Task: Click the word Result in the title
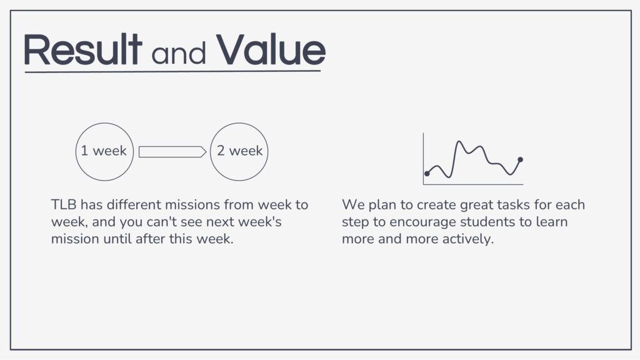click(x=83, y=49)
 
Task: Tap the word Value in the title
click(x=271, y=49)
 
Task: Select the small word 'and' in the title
click(x=178, y=53)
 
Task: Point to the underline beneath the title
click(x=172, y=72)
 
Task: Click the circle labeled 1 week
click(x=76, y=152)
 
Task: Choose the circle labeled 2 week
click(x=210, y=152)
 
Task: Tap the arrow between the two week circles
click(x=172, y=152)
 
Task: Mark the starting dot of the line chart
click(x=427, y=174)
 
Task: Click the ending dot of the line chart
click(x=521, y=159)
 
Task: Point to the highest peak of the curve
click(x=459, y=142)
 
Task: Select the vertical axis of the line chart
click(x=423, y=158)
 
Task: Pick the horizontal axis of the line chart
click(x=473, y=184)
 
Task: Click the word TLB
click(x=64, y=204)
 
